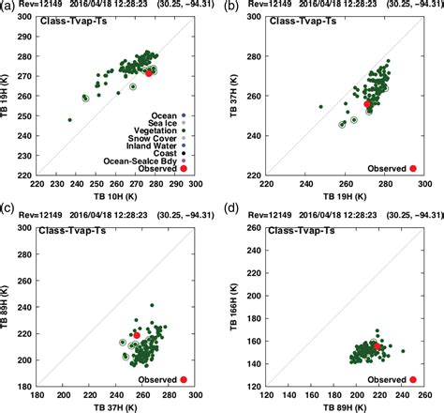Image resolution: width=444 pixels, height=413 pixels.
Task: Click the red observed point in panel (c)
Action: (137, 335)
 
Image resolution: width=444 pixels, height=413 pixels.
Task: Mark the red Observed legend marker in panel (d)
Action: (413, 379)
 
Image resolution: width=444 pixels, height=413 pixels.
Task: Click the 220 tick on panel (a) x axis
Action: (37, 186)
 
